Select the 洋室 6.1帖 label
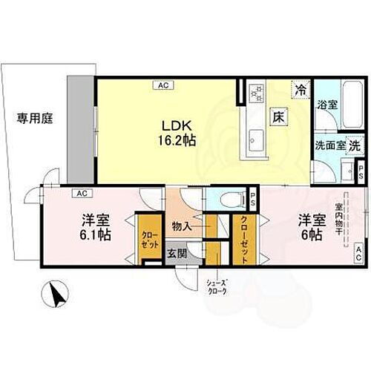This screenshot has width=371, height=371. tap(96, 227)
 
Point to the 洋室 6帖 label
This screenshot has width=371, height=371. tap(310, 227)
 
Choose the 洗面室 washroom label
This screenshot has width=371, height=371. tap(329, 146)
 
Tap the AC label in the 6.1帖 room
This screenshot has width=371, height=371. tap(77, 194)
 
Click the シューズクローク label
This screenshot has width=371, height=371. tap(217, 286)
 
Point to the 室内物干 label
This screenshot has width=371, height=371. tap(338, 219)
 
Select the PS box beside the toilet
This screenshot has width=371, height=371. tap(252, 197)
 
